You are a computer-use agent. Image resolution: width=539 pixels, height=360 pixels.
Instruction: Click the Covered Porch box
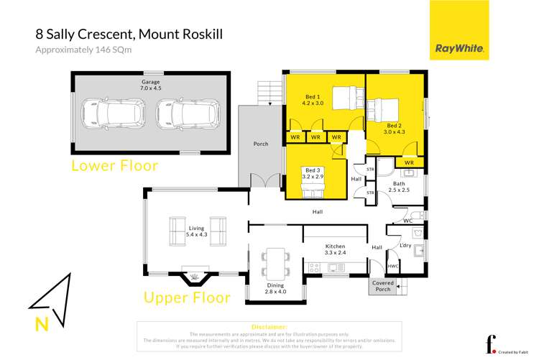click(382, 286)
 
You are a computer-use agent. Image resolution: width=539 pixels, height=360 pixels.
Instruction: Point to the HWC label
click(393, 266)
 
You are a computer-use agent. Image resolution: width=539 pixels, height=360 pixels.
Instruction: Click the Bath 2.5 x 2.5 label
click(400, 187)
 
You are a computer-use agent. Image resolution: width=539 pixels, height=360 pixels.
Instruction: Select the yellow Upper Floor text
click(187, 297)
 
